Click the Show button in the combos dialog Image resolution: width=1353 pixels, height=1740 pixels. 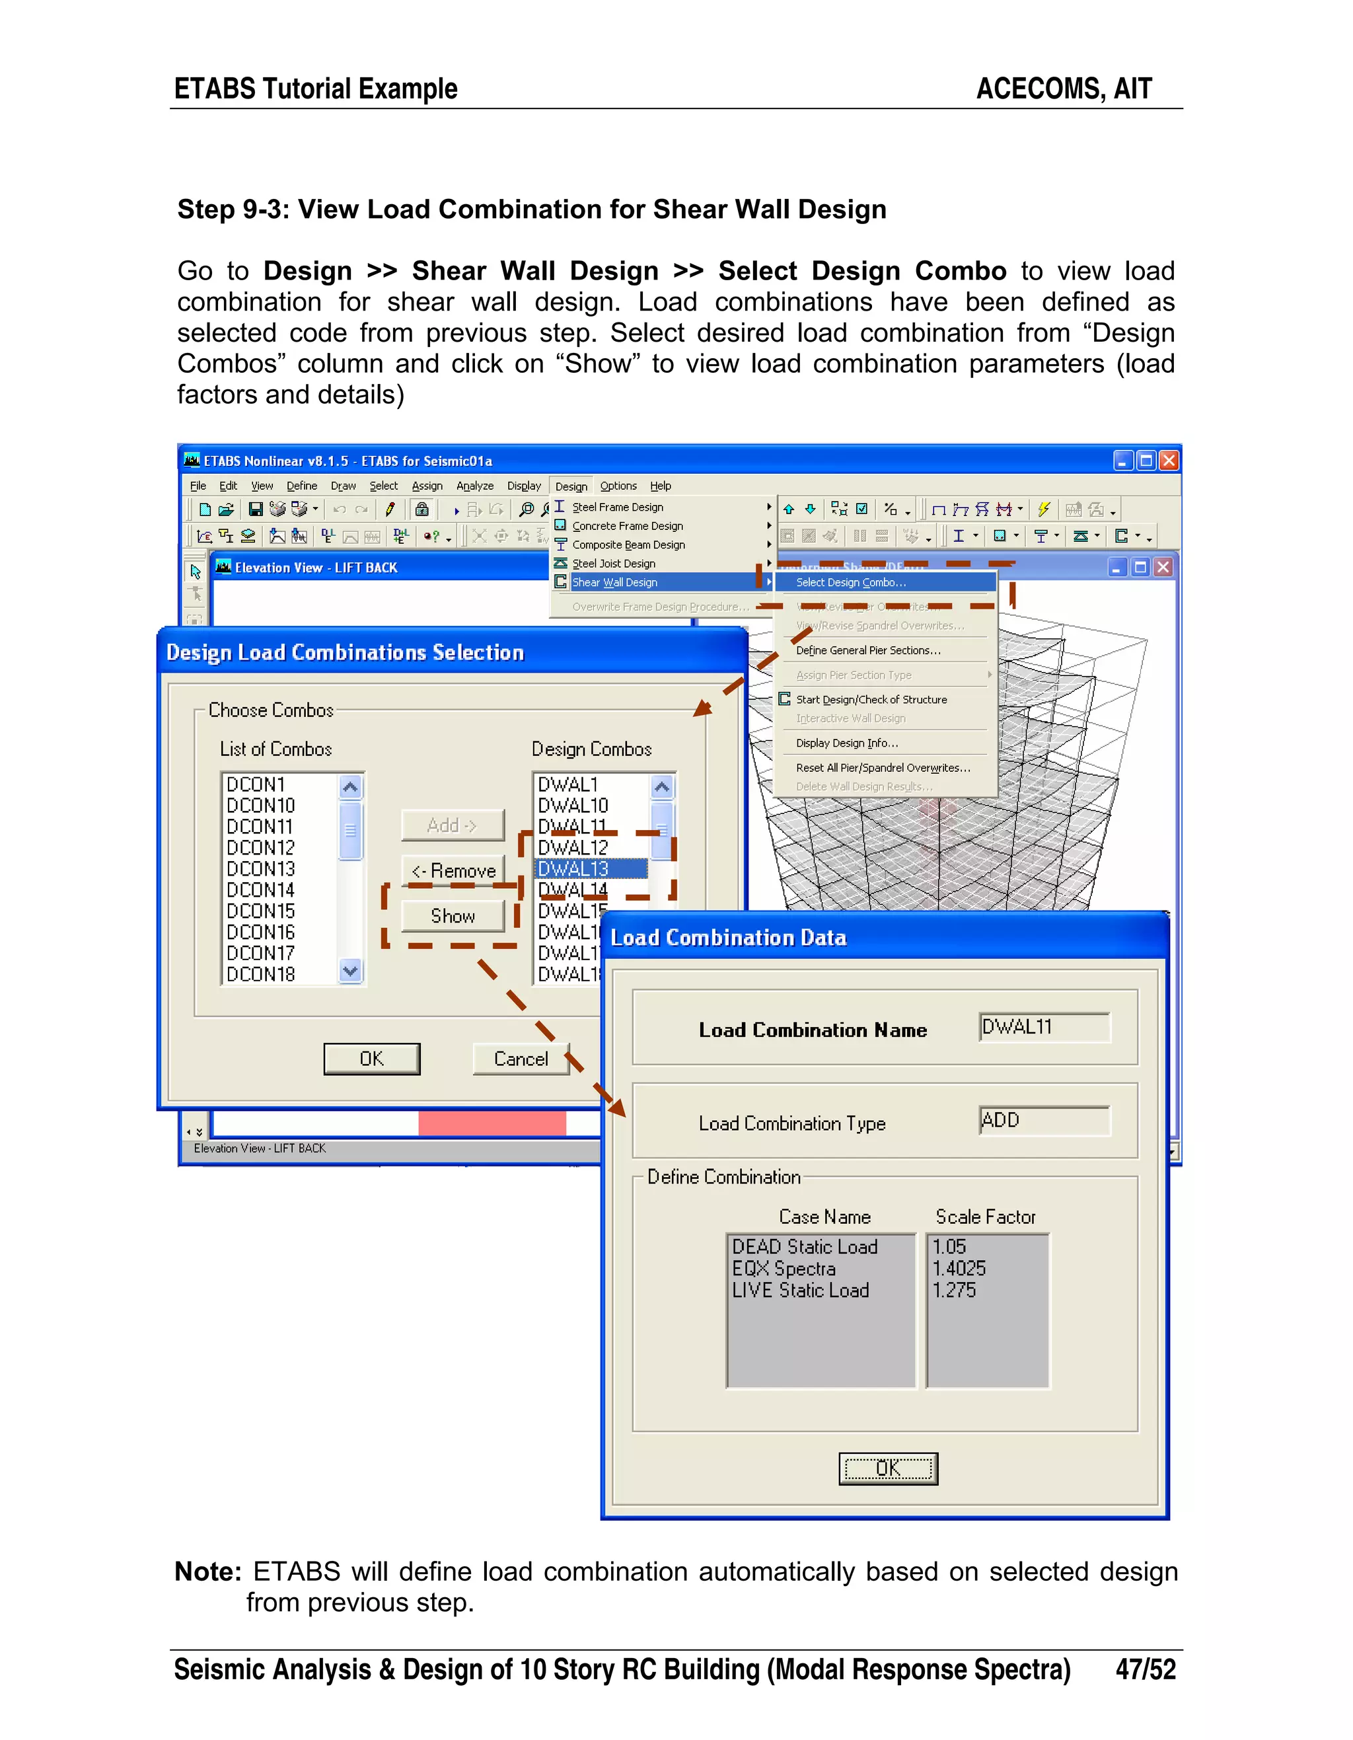click(453, 916)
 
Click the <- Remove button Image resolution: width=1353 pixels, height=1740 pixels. click(453, 871)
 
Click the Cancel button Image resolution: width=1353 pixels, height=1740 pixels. click(521, 1059)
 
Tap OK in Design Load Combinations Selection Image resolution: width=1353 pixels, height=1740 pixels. click(371, 1059)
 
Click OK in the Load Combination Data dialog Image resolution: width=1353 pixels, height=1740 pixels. click(888, 1468)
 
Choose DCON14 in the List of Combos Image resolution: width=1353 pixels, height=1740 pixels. click(260, 890)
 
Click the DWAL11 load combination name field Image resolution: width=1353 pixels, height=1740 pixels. click(1043, 1027)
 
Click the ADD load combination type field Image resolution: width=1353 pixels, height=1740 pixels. click(1043, 1120)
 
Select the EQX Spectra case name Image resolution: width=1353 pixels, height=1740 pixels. click(784, 1268)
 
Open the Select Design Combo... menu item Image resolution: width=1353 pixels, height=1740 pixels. click(850, 582)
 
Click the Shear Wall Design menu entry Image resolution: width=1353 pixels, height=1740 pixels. click(615, 582)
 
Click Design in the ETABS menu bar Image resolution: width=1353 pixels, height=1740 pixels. click(571, 486)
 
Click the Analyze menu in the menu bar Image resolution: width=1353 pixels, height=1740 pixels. click(474, 486)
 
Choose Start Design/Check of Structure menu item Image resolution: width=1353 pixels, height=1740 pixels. click(871, 700)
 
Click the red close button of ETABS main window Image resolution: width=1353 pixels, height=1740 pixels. click(1168, 461)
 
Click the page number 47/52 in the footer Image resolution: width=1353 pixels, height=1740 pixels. click(1145, 1669)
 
